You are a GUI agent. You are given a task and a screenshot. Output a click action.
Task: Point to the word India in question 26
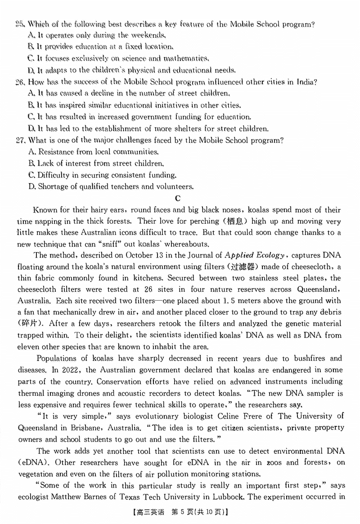pos(307,82)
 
